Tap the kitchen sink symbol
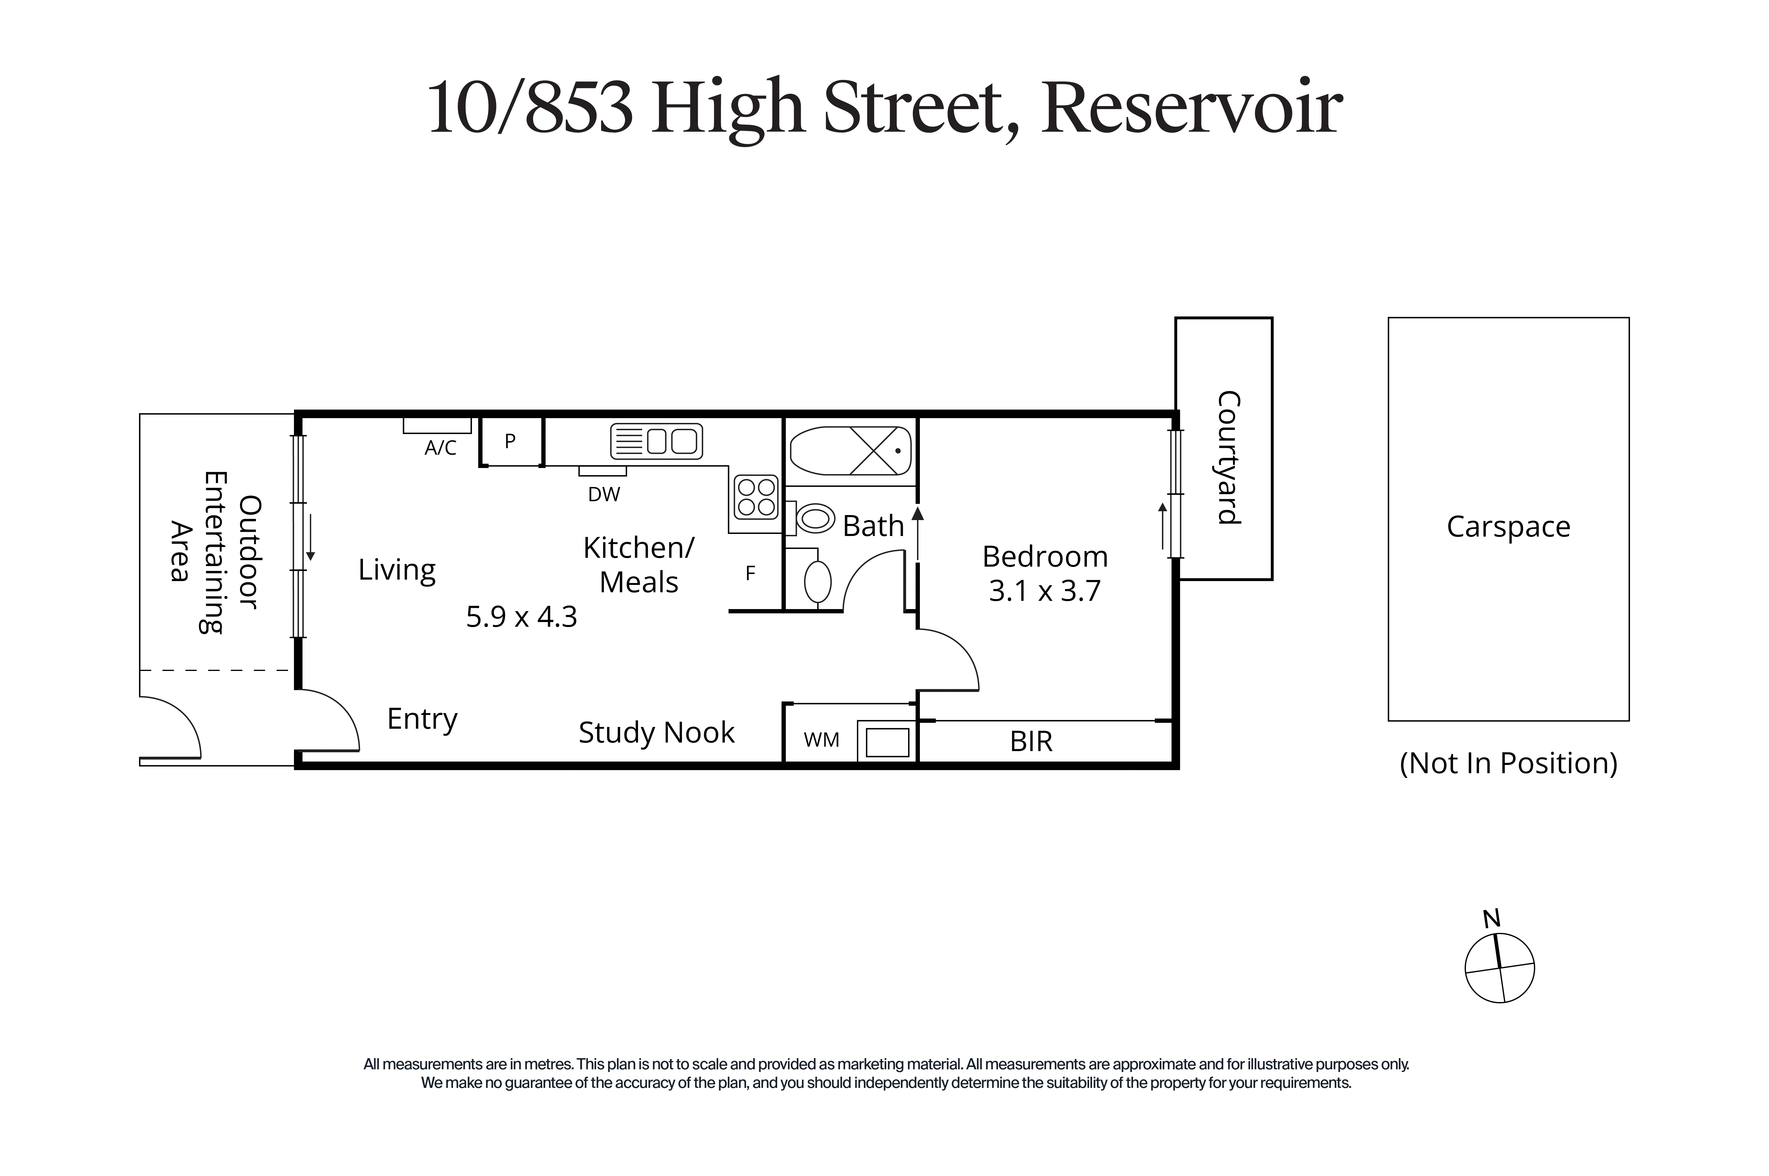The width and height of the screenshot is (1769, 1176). (x=656, y=441)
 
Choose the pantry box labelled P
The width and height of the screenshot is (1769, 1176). (x=511, y=442)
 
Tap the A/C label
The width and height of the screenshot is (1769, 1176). (x=440, y=448)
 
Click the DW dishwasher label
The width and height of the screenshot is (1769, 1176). (x=604, y=494)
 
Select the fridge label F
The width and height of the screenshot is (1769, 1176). (x=750, y=574)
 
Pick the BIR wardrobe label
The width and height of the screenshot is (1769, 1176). (x=1031, y=742)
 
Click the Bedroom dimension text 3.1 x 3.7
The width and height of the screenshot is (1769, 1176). (x=1044, y=591)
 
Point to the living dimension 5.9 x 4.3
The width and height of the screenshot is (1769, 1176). (x=521, y=616)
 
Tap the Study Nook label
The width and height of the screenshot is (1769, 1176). (x=656, y=733)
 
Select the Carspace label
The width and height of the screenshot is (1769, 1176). (x=1508, y=527)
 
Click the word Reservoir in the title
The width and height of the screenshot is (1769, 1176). (x=1192, y=109)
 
